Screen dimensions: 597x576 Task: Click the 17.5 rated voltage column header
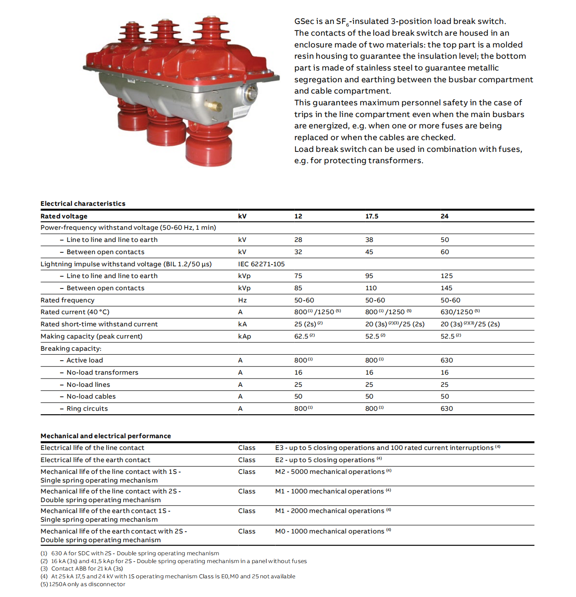coord(371,216)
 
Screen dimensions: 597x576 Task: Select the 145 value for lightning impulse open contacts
coord(446,288)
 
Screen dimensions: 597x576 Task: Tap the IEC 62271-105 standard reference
coord(261,264)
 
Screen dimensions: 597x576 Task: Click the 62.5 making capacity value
coord(301,336)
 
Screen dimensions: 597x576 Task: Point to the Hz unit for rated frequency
coord(243,300)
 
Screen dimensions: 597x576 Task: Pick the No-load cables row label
coord(91,396)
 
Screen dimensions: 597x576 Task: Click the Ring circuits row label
coord(87,409)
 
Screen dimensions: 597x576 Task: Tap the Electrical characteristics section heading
coord(83,204)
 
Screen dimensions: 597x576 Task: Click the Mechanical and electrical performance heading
coord(106,436)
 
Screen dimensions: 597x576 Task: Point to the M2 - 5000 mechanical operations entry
coord(330,472)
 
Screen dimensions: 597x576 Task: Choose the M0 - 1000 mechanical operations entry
coord(330,531)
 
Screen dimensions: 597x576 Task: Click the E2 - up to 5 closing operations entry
coord(325,460)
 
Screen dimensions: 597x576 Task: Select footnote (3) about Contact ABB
coord(87,569)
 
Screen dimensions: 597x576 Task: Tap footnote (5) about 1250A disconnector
coord(83,584)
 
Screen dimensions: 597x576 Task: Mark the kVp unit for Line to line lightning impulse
coord(244,276)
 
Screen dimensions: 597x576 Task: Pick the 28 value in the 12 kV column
coord(298,240)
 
